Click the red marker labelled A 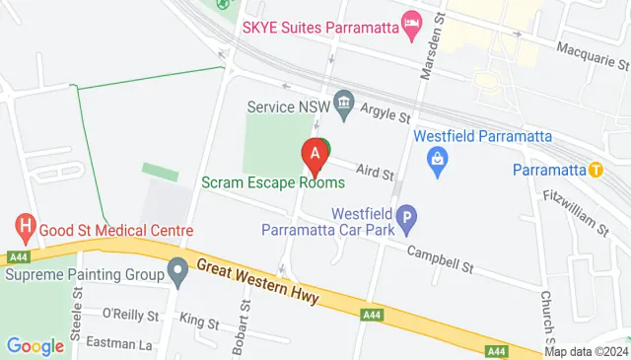(x=315, y=155)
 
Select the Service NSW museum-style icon (x=344, y=101)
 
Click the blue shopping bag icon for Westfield (x=435, y=157)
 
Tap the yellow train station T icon (x=596, y=169)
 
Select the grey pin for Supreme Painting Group (x=177, y=269)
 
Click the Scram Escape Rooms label (x=273, y=182)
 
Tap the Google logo (x=35, y=346)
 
